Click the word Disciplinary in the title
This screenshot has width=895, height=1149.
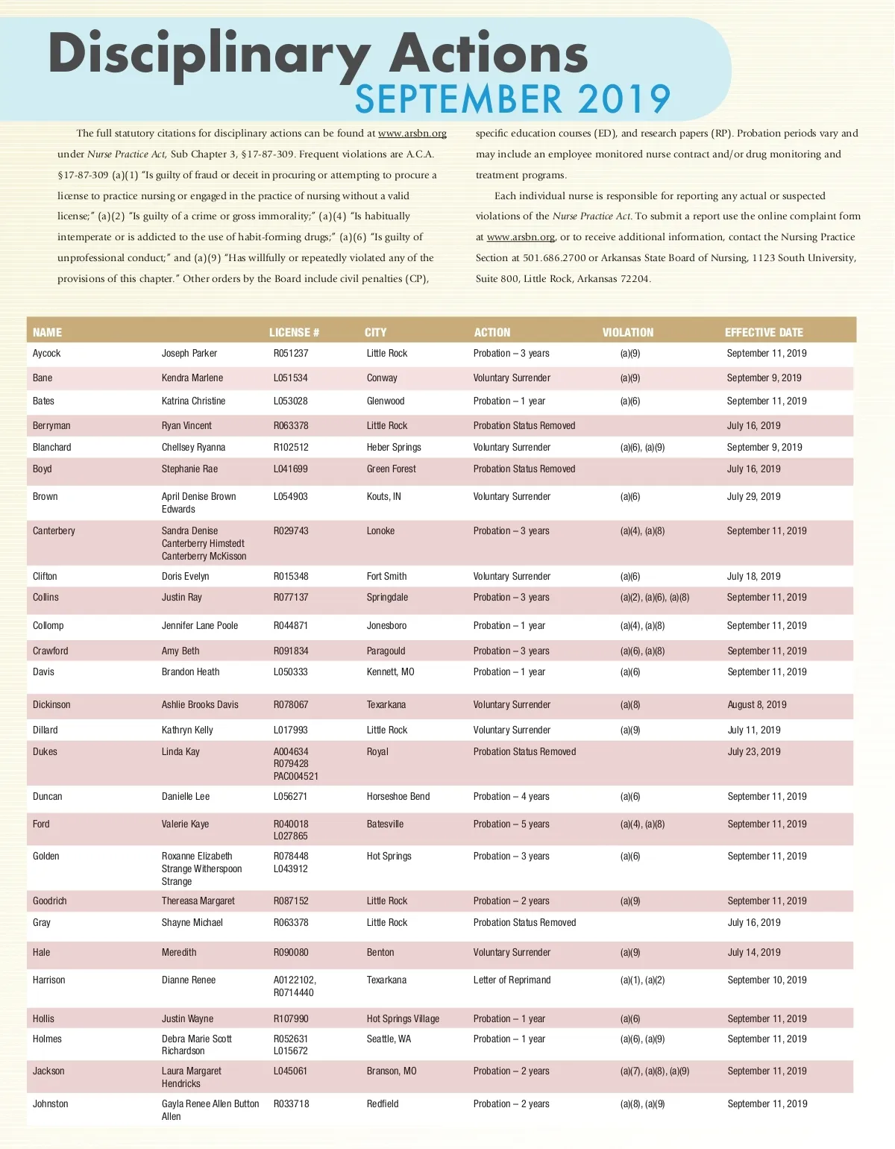[210, 55]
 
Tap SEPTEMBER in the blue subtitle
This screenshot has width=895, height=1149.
[458, 100]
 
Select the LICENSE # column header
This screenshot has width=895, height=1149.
[294, 333]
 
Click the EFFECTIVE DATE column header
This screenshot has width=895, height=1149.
[764, 333]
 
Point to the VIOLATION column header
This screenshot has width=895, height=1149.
[627, 333]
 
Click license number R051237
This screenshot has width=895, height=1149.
[291, 354]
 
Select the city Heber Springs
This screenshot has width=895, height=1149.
[394, 448]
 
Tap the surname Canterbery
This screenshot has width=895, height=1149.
[54, 531]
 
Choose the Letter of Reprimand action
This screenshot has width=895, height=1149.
[512, 980]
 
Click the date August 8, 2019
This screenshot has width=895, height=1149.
[757, 705]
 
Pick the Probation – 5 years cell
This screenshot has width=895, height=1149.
[511, 824]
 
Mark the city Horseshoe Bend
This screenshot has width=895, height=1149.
[398, 797]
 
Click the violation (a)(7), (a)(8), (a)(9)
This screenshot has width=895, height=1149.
[655, 1071]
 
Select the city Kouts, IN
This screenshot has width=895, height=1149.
[383, 497]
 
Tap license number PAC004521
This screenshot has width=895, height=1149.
[296, 777]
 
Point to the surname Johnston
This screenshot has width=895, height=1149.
[50, 1104]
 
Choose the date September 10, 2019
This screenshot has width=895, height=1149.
[767, 980]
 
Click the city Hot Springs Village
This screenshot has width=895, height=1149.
[403, 1019]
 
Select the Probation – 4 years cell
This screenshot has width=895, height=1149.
[511, 797]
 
